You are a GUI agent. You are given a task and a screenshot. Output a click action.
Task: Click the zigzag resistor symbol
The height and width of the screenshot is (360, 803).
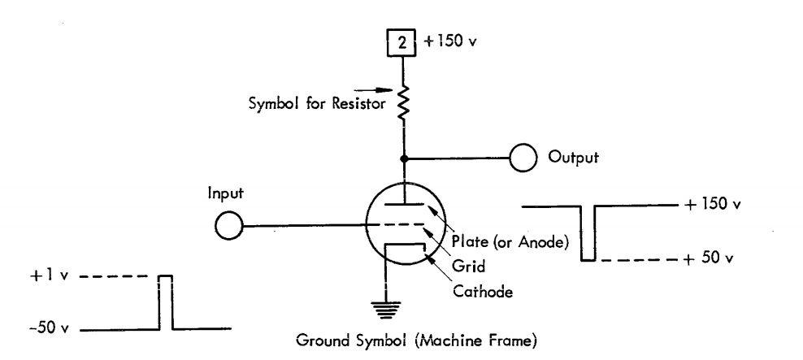point(403,102)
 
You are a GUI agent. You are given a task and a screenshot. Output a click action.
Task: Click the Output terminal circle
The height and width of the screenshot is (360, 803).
point(523,158)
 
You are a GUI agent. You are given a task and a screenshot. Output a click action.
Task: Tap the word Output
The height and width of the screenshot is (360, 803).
point(573,158)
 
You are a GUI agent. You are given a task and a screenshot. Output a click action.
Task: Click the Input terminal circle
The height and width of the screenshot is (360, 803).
point(230,225)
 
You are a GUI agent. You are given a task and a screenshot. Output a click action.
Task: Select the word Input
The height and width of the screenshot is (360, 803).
point(225,196)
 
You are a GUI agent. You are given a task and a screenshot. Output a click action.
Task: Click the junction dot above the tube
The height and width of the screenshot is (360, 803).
point(403,158)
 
